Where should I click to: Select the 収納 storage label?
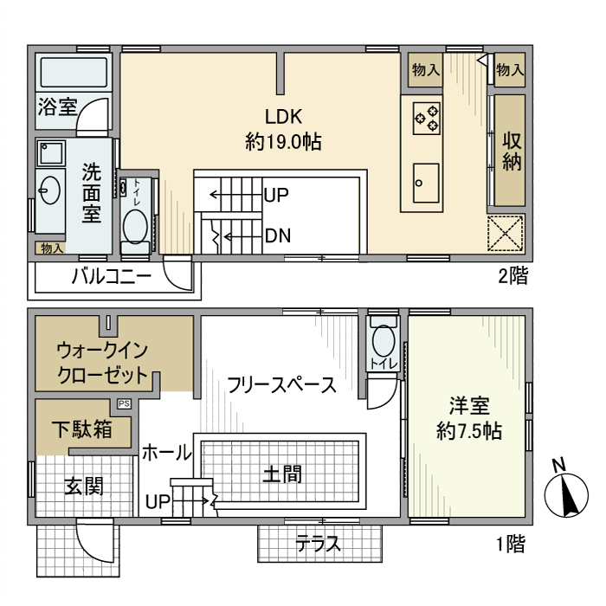click(x=511, y=150)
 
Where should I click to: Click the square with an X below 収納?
click(x=505, y=233)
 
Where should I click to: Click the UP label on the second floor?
click(x=275, y=195)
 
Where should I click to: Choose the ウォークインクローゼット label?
click(x=102, y=364)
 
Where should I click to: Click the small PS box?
click(x=124, y=403)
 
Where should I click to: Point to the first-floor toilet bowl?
click(x=382, y=336)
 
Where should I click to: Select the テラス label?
click(x=318, y=544)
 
